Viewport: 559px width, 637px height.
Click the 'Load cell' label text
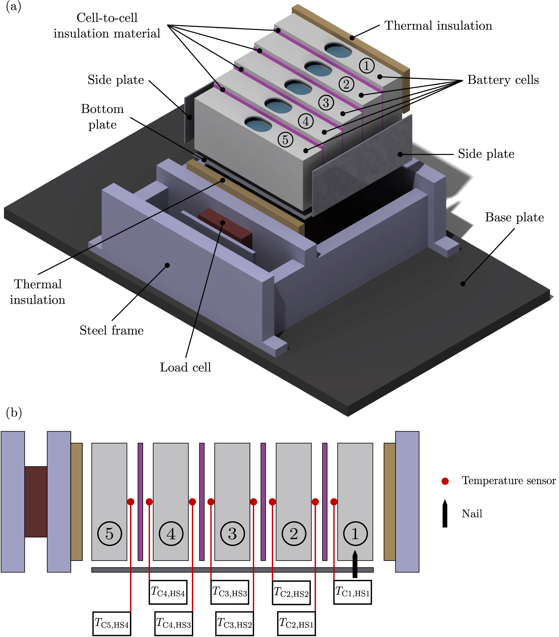(x=186, y=367)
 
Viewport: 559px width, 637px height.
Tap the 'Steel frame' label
(x=111, y=330)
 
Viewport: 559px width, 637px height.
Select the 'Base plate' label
(x=514, y=217)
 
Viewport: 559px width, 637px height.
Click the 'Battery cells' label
(x=503, y=80)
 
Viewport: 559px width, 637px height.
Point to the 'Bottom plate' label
(x=102, y=116)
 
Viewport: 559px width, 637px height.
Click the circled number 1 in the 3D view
(x=366, y=66)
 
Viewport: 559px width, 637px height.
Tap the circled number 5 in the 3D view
(x=285, y=140)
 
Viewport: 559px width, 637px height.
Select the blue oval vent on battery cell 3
(x=298, y=88)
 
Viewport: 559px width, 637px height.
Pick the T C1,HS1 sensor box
(x=352, y=592)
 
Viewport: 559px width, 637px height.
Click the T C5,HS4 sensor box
(x=111, y=623)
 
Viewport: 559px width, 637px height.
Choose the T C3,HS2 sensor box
(x=234, y=623)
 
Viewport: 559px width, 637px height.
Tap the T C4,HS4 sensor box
(x=168, y=592)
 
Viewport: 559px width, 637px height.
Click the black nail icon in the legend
(x=445, y=514)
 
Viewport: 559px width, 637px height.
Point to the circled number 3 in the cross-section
(x=232, y=534)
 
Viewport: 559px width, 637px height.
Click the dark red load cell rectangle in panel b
(x=36, y=502)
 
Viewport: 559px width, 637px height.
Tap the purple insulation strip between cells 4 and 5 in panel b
(x=140, y=502)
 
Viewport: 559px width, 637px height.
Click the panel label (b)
(x=14, y=412)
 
